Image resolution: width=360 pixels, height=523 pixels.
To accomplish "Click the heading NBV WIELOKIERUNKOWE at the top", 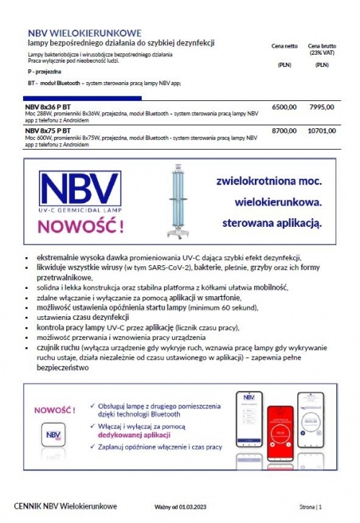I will click(x=84, y=33).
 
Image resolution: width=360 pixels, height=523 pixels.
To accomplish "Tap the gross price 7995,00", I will click(x=320, y=107).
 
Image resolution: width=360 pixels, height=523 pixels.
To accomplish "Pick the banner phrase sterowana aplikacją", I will click(x=271, y=221).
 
